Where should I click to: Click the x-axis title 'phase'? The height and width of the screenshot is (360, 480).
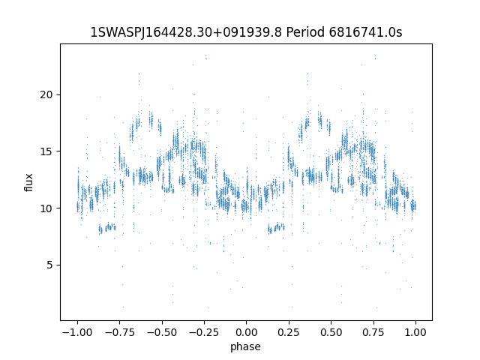click(246, 346)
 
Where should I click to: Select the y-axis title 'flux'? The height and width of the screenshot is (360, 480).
click(29, 182)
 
